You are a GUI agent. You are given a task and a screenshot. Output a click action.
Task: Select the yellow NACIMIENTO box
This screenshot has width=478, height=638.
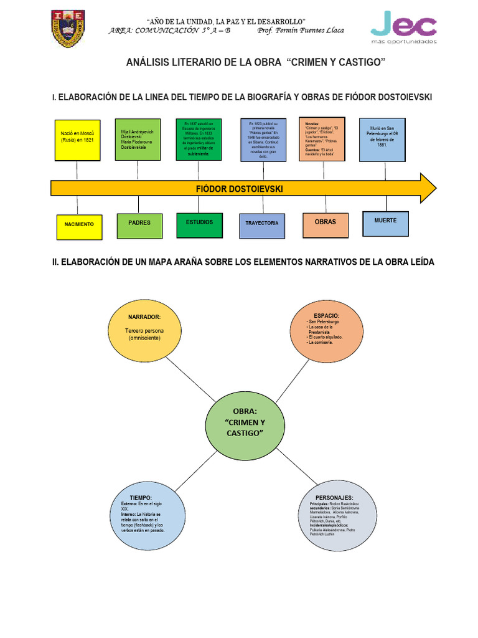pyautogui.click(x=79, y=224)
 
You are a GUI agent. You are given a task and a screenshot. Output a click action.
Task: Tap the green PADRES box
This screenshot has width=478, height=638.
pyautogui.click(x=139, y=222)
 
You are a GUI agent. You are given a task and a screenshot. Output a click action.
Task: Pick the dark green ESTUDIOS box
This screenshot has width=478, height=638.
pyautogui.click(x=199, y=222)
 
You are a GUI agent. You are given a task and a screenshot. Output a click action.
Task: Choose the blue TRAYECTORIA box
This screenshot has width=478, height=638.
pyautogui.click(x=262, y=223)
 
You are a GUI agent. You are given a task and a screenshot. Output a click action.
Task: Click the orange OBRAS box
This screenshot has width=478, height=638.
pyautogui.click(x=325, y=222)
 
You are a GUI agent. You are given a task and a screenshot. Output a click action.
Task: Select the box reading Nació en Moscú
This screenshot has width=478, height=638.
pyautogui.click(x=77, y=140)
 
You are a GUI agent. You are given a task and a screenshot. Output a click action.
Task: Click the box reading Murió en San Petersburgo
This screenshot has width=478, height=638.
pyautogui.click(x=382, y=140)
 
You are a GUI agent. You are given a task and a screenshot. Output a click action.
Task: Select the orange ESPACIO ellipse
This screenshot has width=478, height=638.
pyautogui.click(x=327, y=332)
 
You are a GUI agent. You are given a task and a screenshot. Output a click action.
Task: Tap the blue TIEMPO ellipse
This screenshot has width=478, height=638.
pyautogui.click(x=149, y=517)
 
